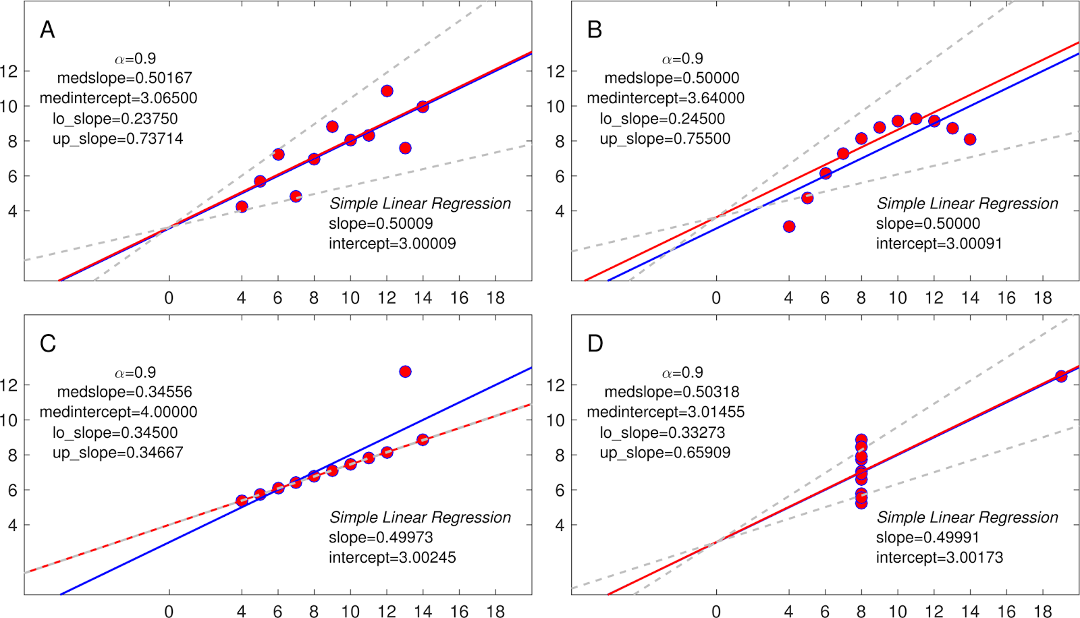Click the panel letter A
point(47,30)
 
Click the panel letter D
point(595,343)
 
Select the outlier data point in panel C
point(405,372)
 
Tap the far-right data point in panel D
point(1061,376)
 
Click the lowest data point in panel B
point(789,227)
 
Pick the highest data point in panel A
point(387,91)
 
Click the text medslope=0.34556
point(124,392)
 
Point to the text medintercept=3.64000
point(666,99)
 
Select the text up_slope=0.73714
point(117,139)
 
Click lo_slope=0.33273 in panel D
point(662,432)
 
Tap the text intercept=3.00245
point(392,557)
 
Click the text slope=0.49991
point(927,537)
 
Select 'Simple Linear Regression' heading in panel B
point(967,204)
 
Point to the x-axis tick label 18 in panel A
point(495,298)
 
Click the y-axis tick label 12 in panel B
point(555,72)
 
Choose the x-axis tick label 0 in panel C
point(169,611)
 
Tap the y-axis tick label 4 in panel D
point(560,525)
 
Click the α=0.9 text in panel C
point(135,372)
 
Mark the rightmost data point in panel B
point(970,140)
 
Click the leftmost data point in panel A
point(242,206)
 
